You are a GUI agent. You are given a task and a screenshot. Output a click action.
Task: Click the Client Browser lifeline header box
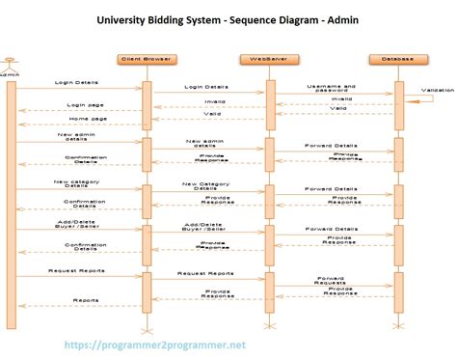146,59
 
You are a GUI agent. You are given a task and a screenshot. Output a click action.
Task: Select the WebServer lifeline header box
270,59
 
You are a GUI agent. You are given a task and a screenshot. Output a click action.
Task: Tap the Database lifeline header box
396,59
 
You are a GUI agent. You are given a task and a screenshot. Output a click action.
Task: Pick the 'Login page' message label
83,104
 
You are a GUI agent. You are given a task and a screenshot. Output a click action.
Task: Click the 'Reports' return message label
84,300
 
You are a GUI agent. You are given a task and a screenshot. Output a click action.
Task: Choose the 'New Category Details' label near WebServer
205,184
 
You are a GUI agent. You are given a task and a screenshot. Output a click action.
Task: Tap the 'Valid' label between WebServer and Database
337,108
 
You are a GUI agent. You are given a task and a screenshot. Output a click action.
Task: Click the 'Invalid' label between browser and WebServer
215,100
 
